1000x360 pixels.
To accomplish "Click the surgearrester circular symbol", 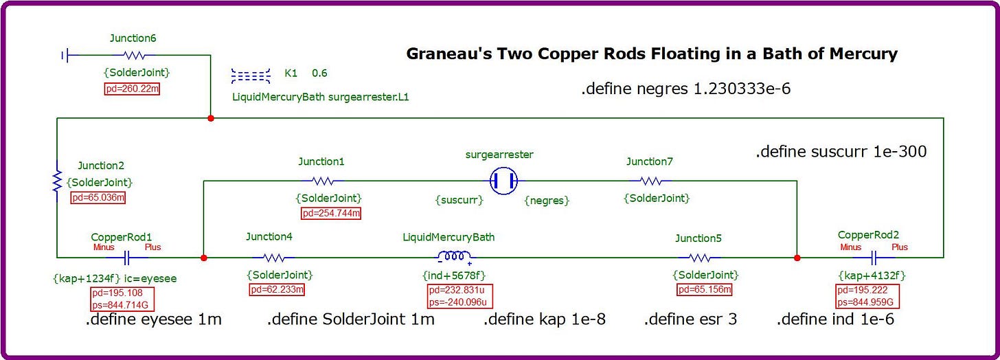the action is click(504, 181).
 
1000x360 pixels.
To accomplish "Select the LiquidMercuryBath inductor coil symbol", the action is click(453, 257).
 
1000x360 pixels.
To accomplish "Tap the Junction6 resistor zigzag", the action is click(134, 56).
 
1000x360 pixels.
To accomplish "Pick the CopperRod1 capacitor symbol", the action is click(127, 258).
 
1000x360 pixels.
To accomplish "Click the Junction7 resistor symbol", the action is click(650, 181).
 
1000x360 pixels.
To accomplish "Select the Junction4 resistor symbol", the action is click(273, 258).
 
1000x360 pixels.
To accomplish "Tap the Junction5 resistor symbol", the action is click(699, 258).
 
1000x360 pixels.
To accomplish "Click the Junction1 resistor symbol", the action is click(323, 181).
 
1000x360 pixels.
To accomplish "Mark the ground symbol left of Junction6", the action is click(65, 56).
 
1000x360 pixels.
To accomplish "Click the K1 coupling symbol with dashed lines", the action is click(251, 76).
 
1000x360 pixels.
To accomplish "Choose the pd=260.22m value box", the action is click(132, 89).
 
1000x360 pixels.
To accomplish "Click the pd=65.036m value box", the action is click(98, 197).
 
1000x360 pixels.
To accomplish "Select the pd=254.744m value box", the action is click(331, 213).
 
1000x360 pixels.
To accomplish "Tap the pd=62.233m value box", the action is click(277, 289).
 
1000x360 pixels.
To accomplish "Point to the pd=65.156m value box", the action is click(705, 289).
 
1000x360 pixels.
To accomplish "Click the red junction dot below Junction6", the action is click(211, 118).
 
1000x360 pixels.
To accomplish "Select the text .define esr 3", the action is click(690, 319).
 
